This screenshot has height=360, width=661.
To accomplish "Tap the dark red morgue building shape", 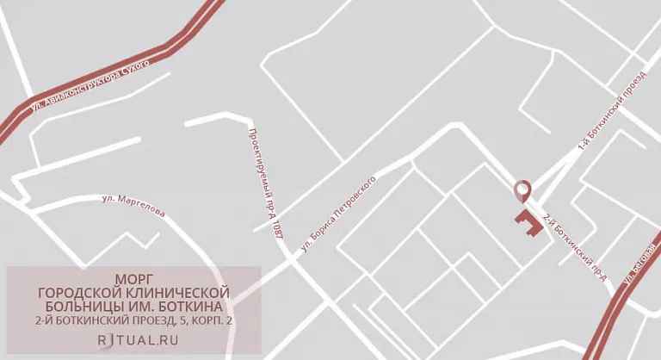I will click(528, 223).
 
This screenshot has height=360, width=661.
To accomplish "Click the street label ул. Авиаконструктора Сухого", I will click(90, 87).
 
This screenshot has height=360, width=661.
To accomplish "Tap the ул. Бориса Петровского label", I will click(339, 214).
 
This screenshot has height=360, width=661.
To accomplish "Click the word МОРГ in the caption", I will click(133, 279).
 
